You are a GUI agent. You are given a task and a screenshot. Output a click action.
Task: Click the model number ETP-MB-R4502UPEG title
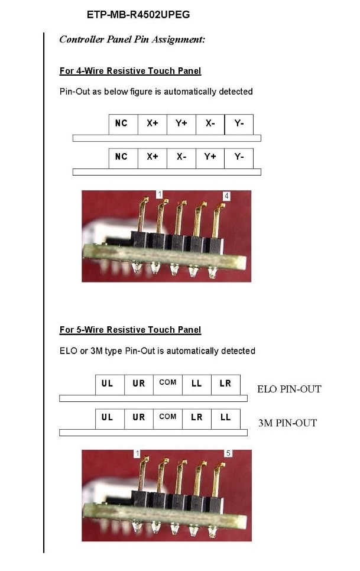click(138, 15)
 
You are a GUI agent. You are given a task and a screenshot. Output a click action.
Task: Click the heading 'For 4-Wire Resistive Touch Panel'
click(130, 71)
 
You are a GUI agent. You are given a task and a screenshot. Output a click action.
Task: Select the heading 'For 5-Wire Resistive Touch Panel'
click(130, 330)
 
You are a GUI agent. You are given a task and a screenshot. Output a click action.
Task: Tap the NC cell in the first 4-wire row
click(124, 124)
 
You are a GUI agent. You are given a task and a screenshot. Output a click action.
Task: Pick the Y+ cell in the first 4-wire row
click(181, 124)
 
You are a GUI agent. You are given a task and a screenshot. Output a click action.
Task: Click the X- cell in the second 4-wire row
click(181, 158)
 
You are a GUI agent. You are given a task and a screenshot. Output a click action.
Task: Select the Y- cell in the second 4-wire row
click(239, 158)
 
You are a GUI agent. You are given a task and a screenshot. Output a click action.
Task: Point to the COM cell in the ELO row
click(168, 384)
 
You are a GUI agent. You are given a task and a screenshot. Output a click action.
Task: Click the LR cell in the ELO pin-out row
click(226, 384)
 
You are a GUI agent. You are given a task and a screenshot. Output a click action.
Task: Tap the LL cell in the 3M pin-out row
click(226, 418)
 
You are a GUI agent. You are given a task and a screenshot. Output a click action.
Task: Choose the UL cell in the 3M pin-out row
click(109, 418)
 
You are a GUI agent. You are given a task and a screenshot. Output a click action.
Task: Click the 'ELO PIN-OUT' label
click(290, 389)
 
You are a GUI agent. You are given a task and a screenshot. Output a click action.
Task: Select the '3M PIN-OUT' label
click(287, 423)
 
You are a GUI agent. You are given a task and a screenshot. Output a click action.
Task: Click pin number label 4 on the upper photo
click(226, 196)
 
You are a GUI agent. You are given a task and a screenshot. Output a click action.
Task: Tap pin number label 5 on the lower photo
click(228, 453)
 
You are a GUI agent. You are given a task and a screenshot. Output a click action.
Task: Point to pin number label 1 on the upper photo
click(160, 194)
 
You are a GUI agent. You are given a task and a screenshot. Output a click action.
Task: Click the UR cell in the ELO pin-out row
click(139, 384)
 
